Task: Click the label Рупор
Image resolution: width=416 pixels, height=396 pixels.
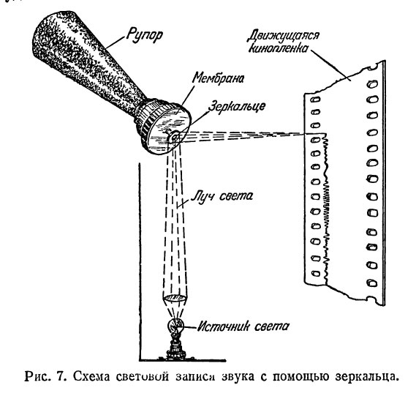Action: click(x=144, y=35)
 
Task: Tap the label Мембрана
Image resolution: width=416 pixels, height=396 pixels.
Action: click(x=218, y=78)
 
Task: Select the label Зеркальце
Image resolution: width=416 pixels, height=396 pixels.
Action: click(x=237, y=107)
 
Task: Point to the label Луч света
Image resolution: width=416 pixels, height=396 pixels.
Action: click(x=222, y=197)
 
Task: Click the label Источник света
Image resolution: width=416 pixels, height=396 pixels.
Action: click(x=243, y=326)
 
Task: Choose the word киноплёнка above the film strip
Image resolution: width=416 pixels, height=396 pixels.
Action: click(x=279, y=48)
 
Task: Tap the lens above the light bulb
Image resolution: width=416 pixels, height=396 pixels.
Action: click(x=175, y=298)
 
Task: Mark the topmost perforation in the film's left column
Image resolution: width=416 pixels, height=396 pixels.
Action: click(x=316, y=100)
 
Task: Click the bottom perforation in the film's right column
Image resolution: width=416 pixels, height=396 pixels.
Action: click(x=372, y=283)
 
